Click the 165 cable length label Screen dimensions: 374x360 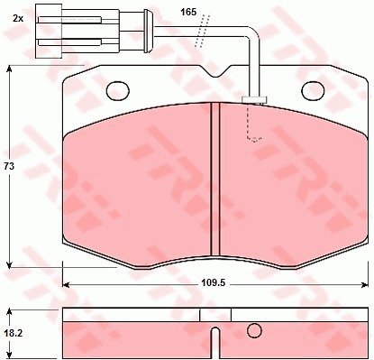(x=188, y=12)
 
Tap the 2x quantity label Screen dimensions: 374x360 (x=18, y=18)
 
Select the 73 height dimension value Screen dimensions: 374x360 (x=9, y=166)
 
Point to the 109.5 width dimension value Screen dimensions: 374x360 (x=214, y=283)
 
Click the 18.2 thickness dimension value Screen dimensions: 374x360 (x=14, y=333)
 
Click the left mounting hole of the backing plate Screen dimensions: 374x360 (x=118, y=90)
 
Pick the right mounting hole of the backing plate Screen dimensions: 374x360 (x=314, y=90)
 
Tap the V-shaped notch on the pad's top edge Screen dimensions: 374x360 (x=216, y=71)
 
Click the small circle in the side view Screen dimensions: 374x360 (x=254, y=330)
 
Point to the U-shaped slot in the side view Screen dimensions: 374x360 (x=215, y=341)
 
